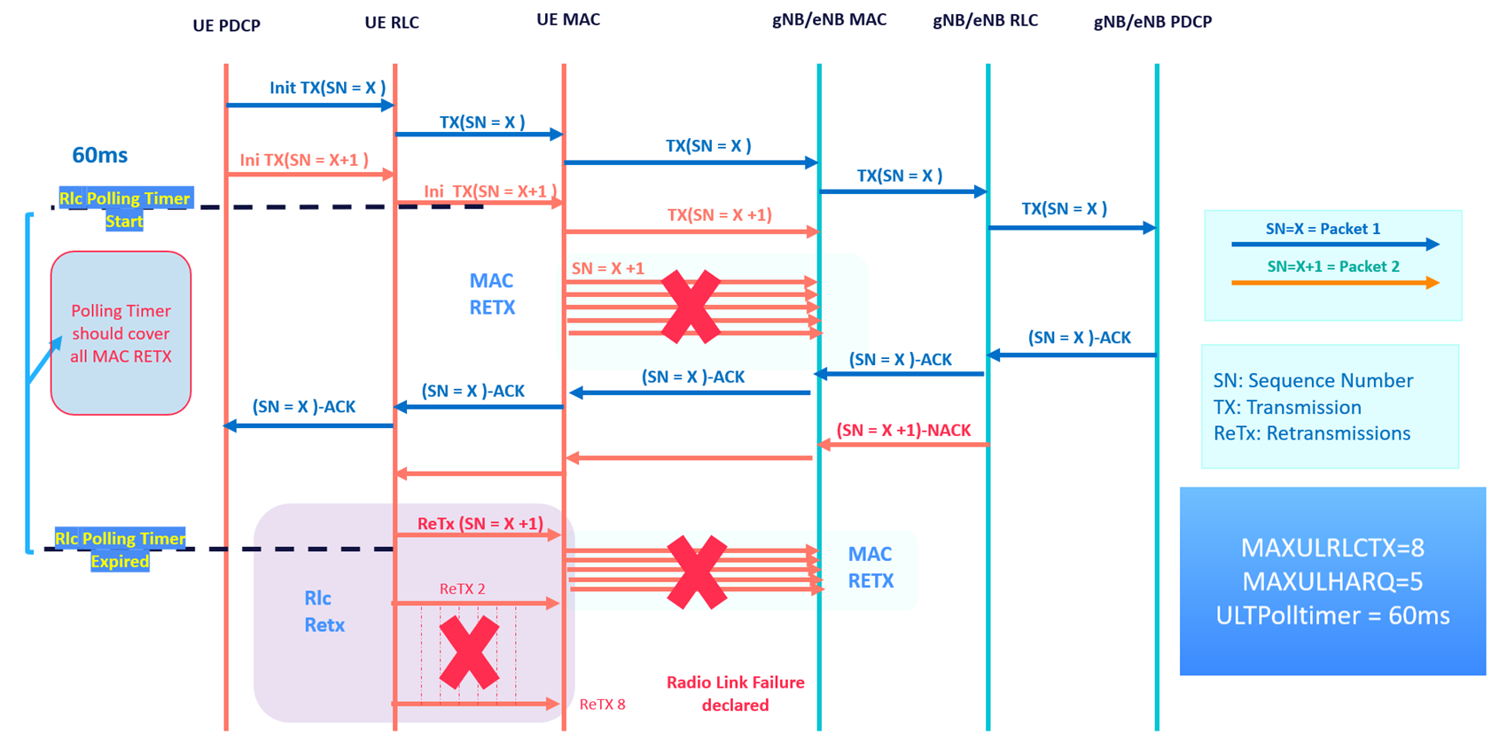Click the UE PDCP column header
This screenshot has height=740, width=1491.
[226, 26]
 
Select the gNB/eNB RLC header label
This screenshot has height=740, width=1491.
[985, 20]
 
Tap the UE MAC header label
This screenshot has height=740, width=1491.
[568, 19]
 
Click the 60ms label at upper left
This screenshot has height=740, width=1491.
[99, 155]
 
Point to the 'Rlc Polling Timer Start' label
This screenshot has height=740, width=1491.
[124, 209]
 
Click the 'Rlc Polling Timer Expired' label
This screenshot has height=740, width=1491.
[120, 549]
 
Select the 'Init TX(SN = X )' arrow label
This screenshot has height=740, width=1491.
[327, 88]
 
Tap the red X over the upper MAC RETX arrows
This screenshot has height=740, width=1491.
[691, 307]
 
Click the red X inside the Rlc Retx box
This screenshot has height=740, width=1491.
[469, 653]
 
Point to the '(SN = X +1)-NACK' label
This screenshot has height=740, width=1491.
[903, 430]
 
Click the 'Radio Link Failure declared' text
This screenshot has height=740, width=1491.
[735, 693]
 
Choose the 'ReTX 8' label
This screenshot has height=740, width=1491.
[602, 705]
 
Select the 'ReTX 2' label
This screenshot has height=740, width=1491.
[462, 588]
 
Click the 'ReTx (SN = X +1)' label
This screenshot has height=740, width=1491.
[480, 524]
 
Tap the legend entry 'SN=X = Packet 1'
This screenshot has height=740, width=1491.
[1323, 229]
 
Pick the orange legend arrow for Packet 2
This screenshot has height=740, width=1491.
[1334, 283]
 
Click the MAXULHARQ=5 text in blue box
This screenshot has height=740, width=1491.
[1331, 581]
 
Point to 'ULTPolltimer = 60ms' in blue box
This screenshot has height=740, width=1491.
[1331, 616]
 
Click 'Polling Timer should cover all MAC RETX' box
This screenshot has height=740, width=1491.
[121, 333]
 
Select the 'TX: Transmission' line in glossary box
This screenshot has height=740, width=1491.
[1286, 407]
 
